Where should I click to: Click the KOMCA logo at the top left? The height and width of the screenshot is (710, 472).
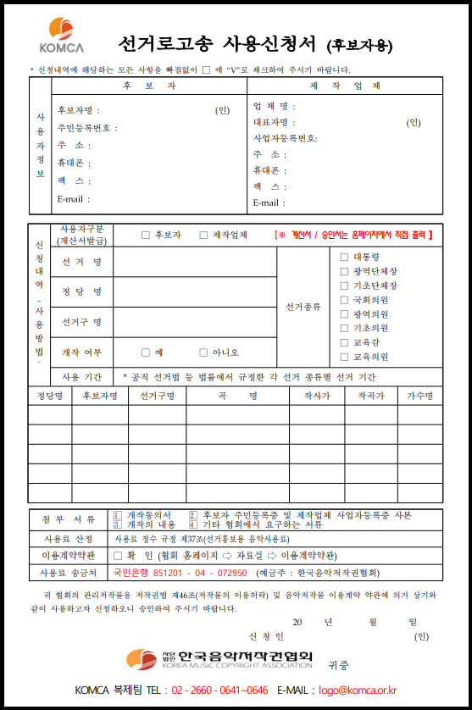[61, 36]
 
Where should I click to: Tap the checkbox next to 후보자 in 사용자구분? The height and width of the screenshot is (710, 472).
[146, 235]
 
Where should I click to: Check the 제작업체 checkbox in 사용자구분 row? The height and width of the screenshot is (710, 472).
[203, 235]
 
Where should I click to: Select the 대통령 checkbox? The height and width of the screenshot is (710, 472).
[344, 257]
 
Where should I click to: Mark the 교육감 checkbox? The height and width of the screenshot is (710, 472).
[344, 342]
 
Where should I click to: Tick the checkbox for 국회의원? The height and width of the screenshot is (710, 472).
[344, 299]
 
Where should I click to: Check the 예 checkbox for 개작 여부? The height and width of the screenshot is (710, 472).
[146, 352]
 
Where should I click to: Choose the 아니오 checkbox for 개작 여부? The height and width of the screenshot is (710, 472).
[203, 352]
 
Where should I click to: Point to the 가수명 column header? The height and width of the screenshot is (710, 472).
[420, 396]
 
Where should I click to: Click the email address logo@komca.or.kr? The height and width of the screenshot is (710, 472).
[359, 691]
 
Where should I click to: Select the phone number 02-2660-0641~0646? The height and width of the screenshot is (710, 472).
[219, 691]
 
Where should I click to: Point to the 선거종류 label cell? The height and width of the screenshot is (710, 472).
[303, 306]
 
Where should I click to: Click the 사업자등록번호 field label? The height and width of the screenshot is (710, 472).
[285, 138]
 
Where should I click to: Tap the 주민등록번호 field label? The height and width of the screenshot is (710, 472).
[88, 128]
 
